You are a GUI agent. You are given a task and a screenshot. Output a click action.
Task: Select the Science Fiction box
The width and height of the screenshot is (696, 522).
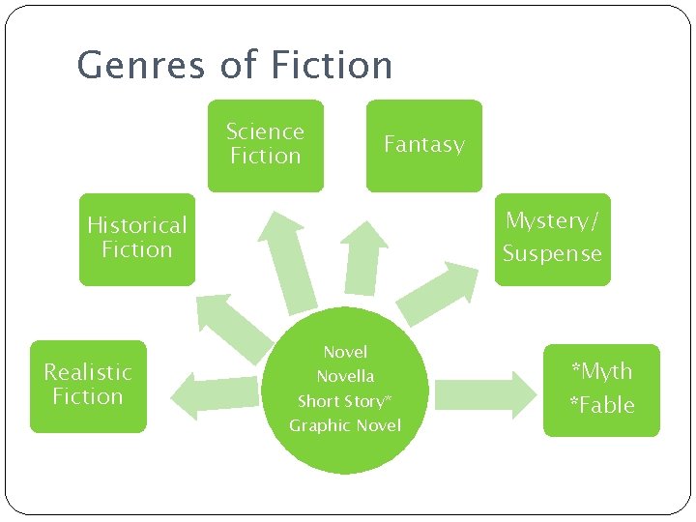click(x=265, y=145)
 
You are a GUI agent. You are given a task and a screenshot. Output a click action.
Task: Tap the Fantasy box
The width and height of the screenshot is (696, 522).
click(x=423, y=145)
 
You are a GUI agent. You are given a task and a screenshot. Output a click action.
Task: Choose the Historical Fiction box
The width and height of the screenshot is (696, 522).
click(x=136, y=238)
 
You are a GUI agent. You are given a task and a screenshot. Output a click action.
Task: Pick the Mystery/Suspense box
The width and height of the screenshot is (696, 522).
click(x=552, y=238)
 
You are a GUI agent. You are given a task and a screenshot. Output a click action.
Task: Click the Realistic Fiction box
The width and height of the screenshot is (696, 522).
click(x=88, y=385)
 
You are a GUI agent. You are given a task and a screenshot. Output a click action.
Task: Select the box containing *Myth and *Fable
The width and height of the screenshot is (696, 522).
click(x=601, y=390)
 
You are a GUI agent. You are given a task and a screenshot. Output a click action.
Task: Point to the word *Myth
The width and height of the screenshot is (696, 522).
click(x=601, y=371)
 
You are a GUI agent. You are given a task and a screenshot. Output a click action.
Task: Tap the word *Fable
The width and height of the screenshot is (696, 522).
click(x=601, y=405)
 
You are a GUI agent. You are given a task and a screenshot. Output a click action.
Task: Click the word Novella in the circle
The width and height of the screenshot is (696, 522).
click(x=345, y=376)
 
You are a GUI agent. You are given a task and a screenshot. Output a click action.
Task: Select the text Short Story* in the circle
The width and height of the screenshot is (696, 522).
click(x=345, y=401)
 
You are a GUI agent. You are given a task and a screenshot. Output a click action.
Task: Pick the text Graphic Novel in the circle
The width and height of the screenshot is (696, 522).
click(x=345, y=425)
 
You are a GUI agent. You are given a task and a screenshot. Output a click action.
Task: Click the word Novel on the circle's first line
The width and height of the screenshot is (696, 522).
click(x=345, y=352)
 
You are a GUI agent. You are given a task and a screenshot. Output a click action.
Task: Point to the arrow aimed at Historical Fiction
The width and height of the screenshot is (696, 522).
click(x=231, y=324)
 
